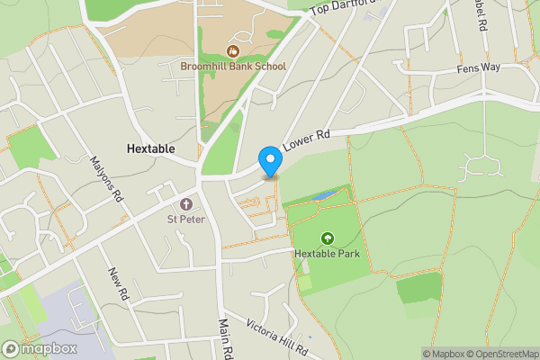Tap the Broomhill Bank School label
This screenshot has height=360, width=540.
point(233,66)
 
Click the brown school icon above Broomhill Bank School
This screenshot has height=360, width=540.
point(233,50)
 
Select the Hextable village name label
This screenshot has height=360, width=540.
point(150,148)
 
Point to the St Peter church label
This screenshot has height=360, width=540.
point(187,218)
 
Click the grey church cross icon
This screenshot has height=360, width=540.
point(187,203)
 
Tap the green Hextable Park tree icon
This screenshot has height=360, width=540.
point(327,238)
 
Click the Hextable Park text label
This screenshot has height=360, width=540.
point(327,254)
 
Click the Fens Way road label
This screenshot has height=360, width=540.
point(478,68)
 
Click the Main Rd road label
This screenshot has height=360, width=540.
point(226,337)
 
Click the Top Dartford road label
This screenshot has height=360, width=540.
point(343,7)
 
